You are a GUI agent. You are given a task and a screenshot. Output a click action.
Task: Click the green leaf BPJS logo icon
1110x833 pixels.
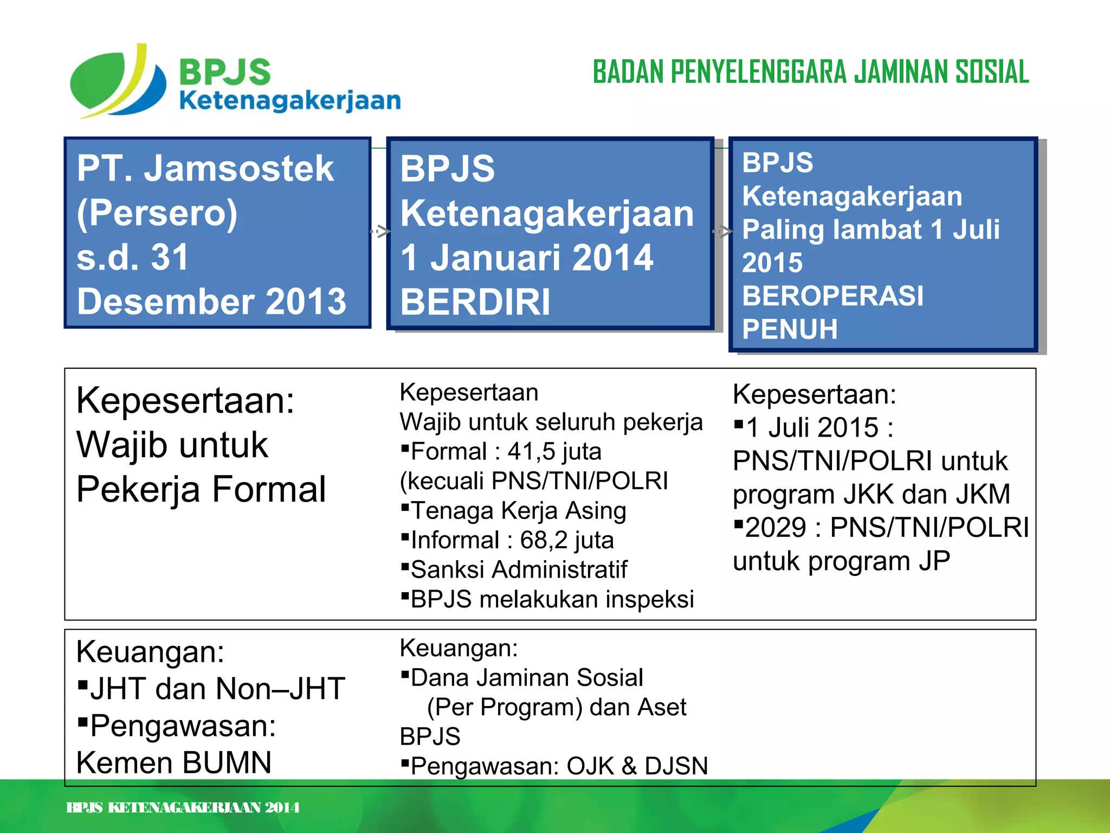[117, 81]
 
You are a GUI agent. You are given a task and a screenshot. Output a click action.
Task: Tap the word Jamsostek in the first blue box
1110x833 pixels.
[238, 168]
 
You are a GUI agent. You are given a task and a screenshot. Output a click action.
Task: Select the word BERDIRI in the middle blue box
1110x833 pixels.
[475, 302]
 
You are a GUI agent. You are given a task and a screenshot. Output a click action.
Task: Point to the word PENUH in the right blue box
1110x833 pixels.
[790, 329]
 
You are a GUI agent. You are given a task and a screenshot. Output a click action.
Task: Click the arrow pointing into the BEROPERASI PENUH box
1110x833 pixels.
[722, 232]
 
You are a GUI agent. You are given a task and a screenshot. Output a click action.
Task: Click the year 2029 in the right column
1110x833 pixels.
[776, 528]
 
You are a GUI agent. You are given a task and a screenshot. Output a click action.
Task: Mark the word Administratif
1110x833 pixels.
[560, 569]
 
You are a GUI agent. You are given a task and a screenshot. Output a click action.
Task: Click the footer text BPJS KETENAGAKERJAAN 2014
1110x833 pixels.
[183, 808]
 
